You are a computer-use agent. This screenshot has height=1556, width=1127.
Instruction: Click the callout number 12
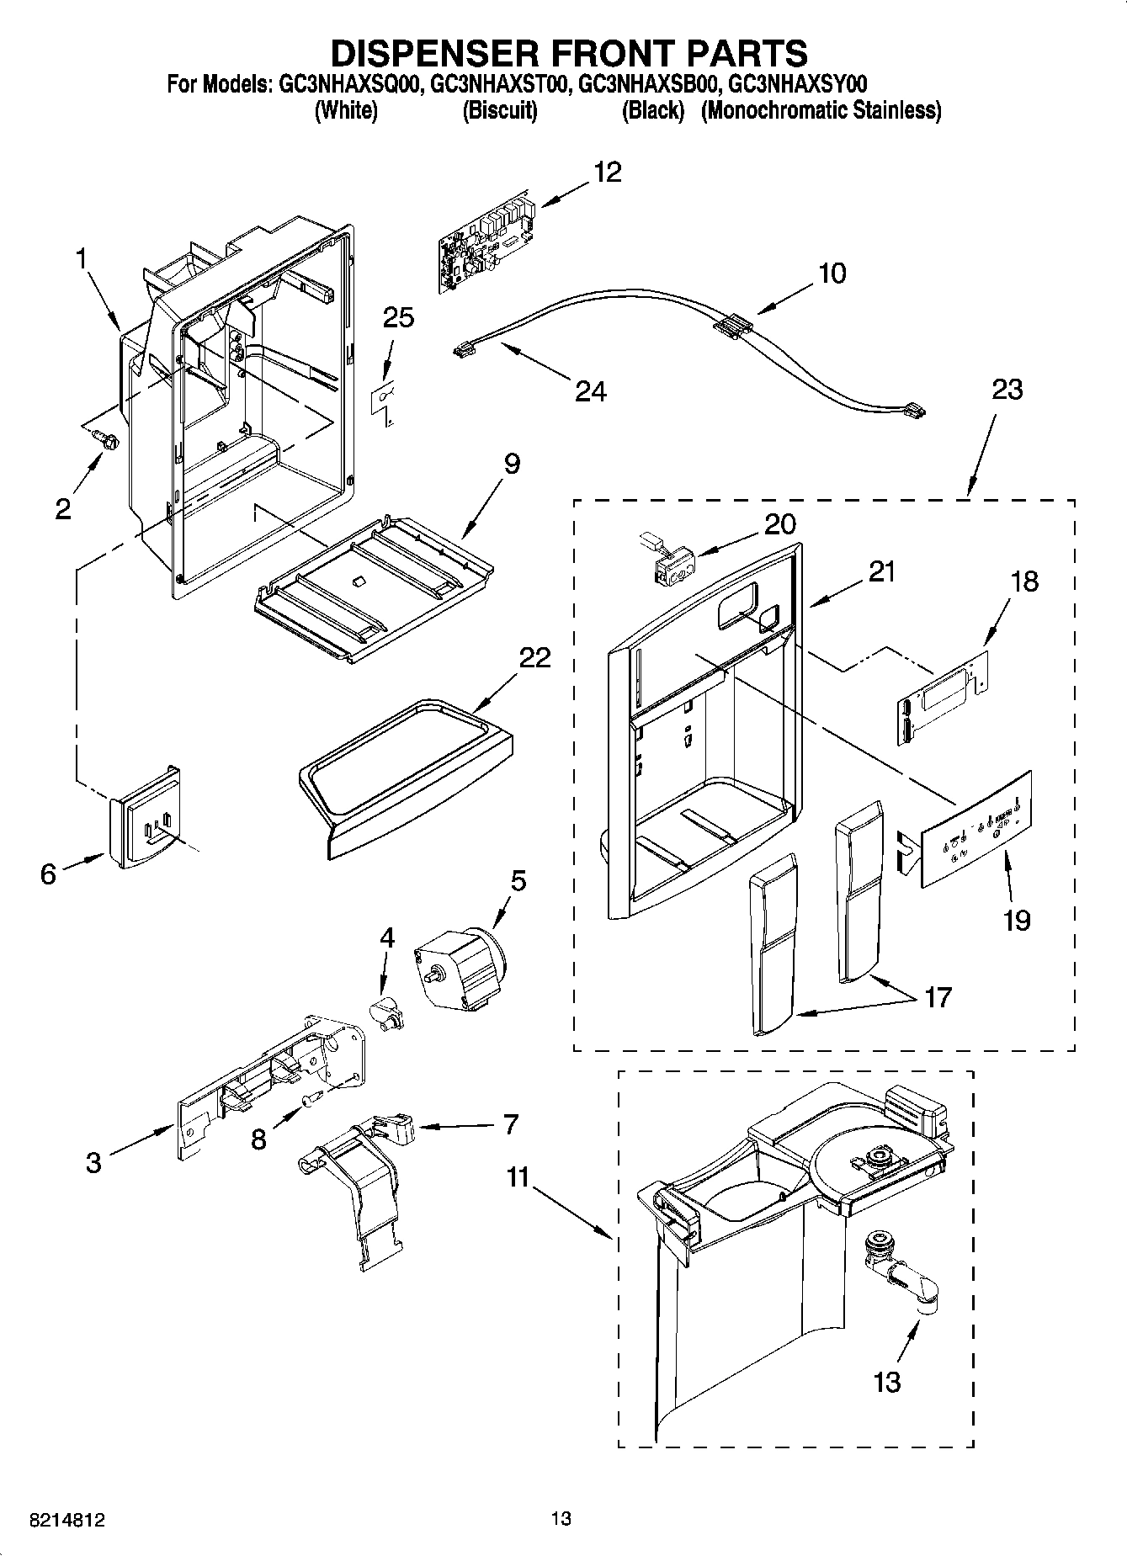607,172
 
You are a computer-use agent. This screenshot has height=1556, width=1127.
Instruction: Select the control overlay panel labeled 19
975,828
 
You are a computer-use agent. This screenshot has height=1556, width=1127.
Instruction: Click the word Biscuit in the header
500,110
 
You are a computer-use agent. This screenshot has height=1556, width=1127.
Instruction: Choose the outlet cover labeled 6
144,817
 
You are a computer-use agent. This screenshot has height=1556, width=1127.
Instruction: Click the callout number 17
937,997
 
